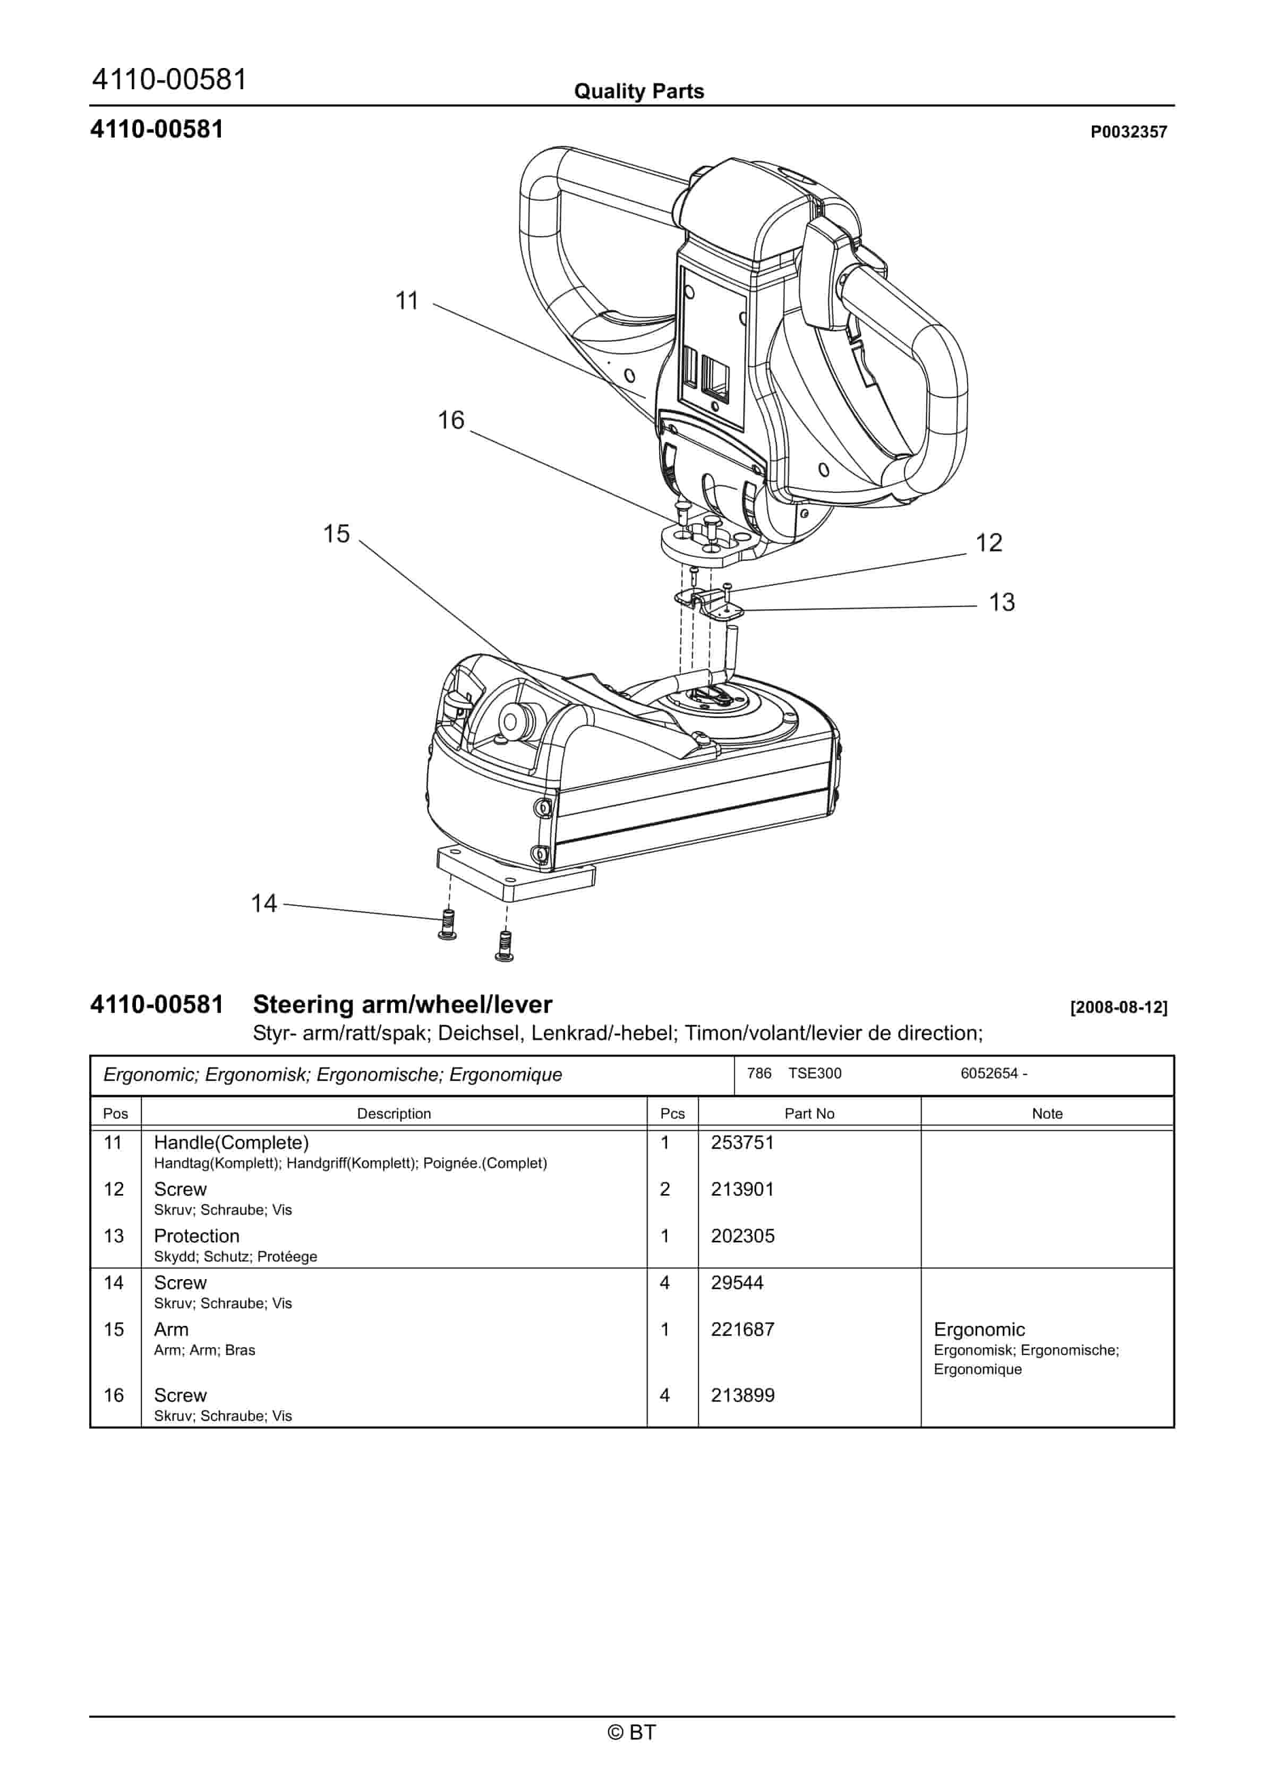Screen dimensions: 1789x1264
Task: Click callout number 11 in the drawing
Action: [407, 301]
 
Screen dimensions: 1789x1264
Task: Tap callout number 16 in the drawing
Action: [450, 421]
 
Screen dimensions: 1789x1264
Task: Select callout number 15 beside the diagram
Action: [337, 534]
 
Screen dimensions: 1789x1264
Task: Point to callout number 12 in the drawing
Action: [989, 543]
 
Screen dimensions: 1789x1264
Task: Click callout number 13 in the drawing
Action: [1002, 602]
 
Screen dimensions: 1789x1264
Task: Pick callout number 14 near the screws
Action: [263, 904]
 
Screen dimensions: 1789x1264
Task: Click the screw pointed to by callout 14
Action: [448, 924]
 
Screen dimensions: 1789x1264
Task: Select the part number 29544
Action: [737, 1283]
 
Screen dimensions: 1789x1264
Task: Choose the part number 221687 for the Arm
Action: [742, 1330]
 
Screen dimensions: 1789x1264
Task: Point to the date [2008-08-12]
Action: [1118, 1008]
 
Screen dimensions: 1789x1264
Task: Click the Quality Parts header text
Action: [638, 92]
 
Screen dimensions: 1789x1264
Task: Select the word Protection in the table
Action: [197, 1237]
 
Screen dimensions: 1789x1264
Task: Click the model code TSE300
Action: [814, 1074]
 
